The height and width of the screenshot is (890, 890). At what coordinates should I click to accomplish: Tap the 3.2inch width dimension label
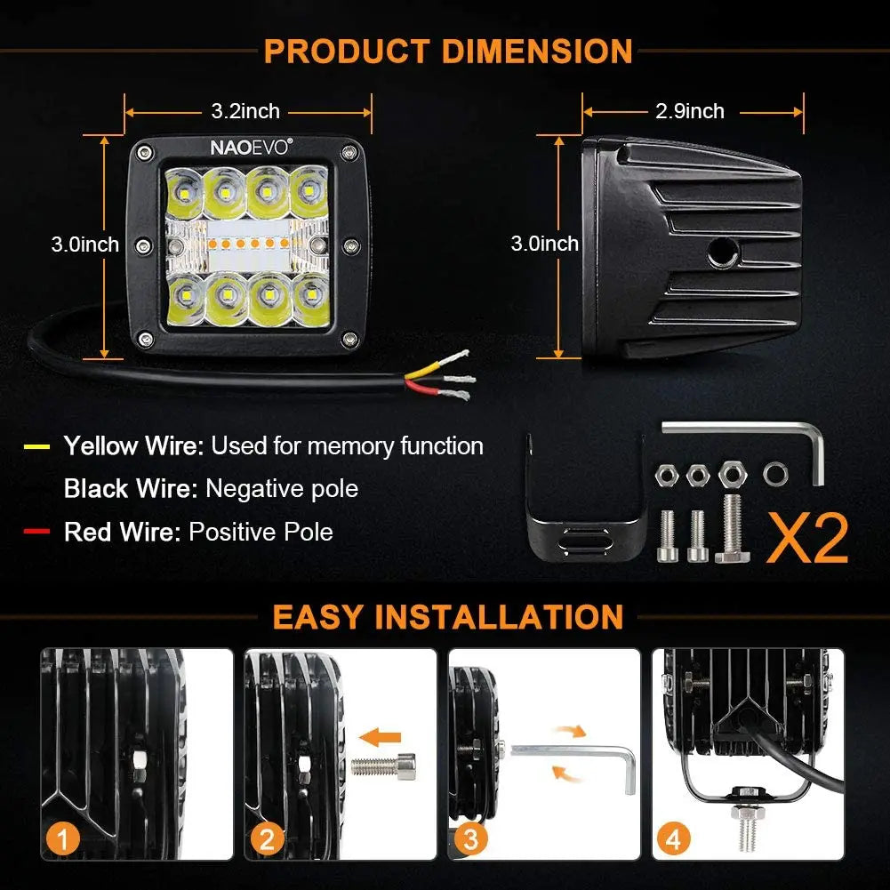point(245,111)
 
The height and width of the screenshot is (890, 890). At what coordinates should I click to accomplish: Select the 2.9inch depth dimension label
point(690,111)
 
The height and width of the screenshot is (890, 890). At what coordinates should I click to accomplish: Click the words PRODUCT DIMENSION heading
point(448,51)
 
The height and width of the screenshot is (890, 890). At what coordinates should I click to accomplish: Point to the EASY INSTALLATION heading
point(448,616)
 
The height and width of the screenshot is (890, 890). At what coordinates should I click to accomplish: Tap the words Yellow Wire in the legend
point(133,445)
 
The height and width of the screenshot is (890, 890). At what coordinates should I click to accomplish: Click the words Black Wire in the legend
point(130,488)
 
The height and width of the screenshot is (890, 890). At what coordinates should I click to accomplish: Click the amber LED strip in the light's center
point(249,243)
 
